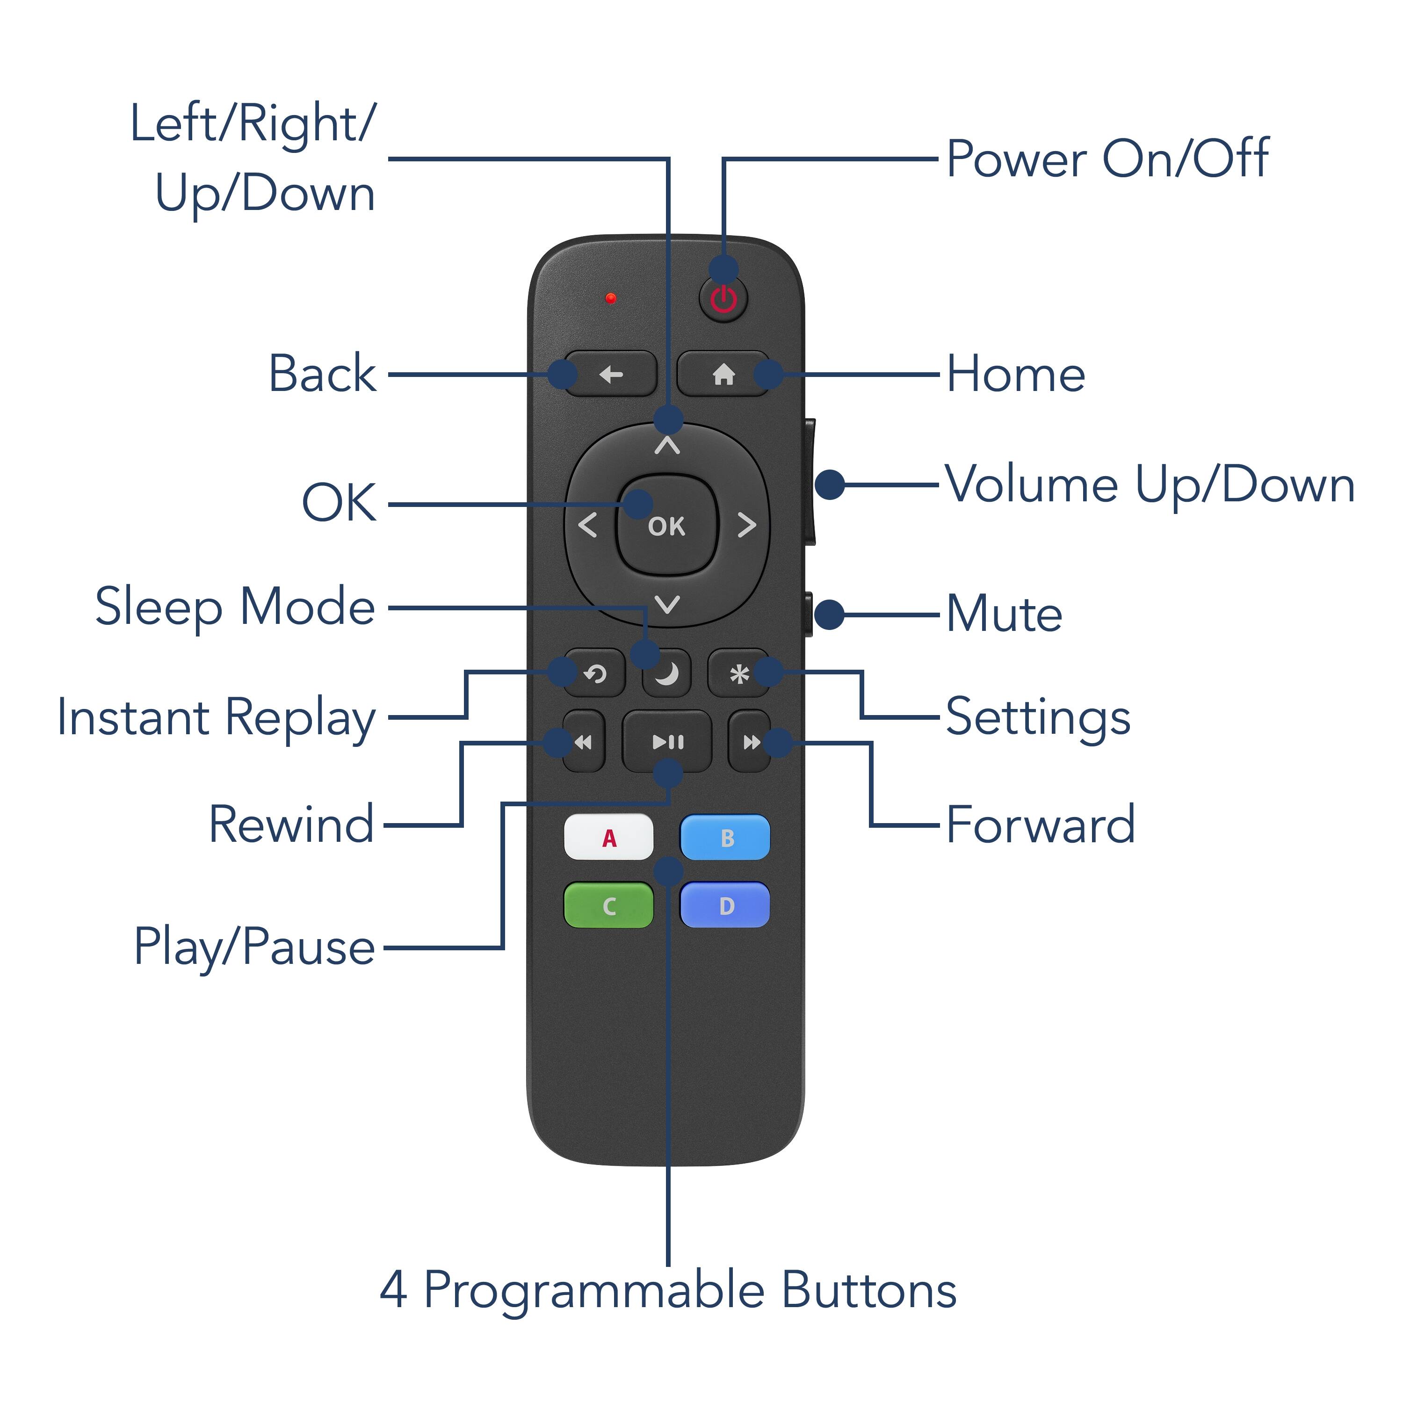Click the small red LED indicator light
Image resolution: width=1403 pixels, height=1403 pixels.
pyautogui.click(x=611, y=298)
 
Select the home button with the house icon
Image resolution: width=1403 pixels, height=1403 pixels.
pyautogui.click(x=723, y=375)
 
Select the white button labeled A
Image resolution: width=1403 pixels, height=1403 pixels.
pyautogui.click(x=608, y=837)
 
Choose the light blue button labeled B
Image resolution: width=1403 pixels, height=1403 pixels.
pyautogui.click(x=725, y=837)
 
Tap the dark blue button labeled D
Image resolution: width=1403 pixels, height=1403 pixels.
pyautogui.click(x=725, y=905)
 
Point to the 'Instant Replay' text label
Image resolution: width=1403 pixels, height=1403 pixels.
pyautogui.click(x=217, y=717)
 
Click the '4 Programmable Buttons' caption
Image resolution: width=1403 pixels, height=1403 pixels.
pyautogui.click(x=668, y=1290)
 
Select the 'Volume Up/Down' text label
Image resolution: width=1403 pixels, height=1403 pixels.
pyautogui.click(x=1150, y=485)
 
